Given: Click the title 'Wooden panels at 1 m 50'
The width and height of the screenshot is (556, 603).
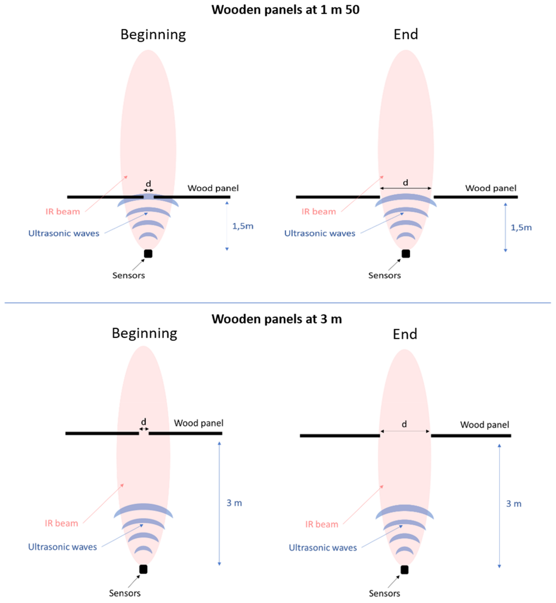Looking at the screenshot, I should (285, 10).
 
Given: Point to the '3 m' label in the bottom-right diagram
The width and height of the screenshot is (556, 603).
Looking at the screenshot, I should (514, 504).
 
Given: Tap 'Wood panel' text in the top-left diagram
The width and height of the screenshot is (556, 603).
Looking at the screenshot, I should (213, 188).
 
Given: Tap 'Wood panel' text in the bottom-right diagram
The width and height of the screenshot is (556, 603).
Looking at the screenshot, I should (484, 425).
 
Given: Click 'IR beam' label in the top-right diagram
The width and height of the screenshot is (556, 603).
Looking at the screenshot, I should (319, 212).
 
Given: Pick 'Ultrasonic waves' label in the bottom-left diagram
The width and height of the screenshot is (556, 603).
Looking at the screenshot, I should (63, 547).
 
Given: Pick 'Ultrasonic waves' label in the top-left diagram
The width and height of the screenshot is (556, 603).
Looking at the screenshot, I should (64, 233).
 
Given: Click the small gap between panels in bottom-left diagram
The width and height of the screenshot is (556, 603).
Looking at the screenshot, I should (144, 433).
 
